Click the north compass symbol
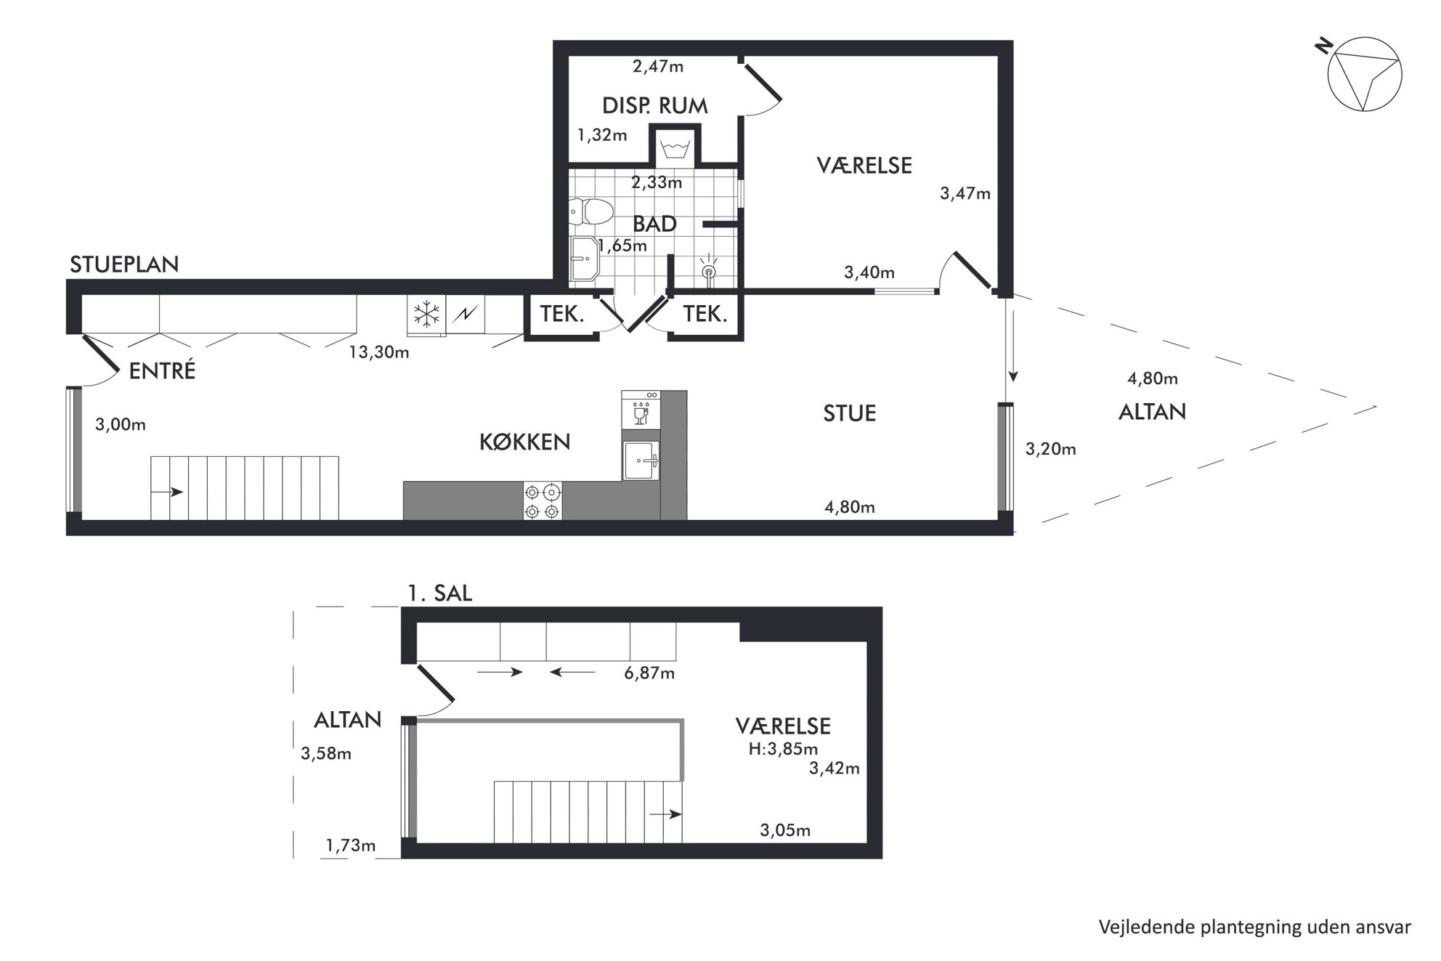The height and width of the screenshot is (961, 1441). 1363,75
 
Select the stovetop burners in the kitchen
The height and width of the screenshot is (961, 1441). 543,501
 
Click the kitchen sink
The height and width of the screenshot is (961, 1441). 641,461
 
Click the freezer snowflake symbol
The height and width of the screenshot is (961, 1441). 427,315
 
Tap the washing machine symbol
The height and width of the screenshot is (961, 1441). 675,151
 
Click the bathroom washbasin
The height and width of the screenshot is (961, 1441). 585,259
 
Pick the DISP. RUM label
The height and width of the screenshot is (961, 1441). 655,106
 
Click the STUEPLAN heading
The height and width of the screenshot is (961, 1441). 124,264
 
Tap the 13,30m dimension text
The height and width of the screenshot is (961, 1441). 379,352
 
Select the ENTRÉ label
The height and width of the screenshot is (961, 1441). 162,371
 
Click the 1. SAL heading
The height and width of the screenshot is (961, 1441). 439,593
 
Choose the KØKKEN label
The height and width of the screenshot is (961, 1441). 525,442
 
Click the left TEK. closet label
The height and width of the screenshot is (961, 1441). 562,315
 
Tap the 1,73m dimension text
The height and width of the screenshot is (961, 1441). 351,845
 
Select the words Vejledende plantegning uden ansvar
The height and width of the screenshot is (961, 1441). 1255,928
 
